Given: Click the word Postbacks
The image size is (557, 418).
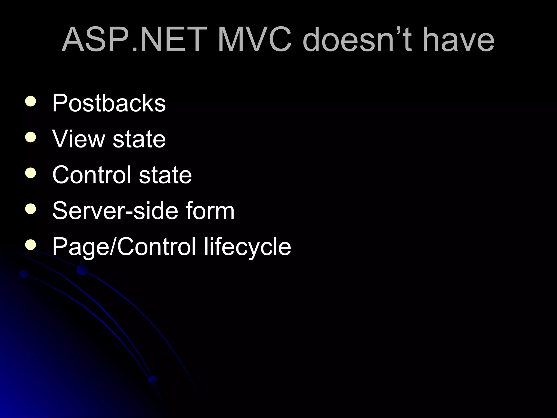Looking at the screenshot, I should (x=109, y=103).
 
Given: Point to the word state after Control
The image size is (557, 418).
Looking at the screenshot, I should (x=165, y=175).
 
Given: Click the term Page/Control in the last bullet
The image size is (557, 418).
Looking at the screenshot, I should (x=124, y=247).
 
